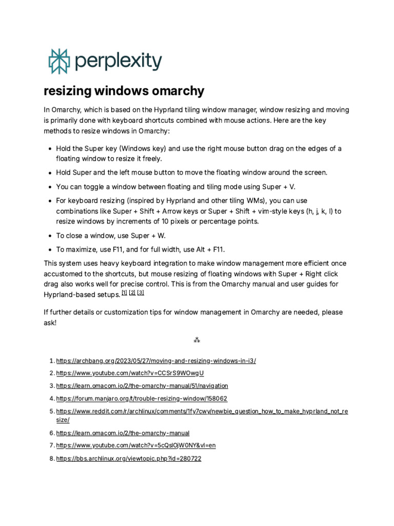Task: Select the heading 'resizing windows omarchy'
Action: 124,91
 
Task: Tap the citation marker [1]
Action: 124,293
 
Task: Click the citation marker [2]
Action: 132,293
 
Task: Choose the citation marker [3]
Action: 141,293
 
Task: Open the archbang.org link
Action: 156,361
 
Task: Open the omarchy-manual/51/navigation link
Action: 142,385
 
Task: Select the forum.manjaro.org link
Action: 142,398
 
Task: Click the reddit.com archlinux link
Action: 202,411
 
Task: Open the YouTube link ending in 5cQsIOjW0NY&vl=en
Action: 136,445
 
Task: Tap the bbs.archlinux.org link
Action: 129,458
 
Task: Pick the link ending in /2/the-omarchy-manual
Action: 123,433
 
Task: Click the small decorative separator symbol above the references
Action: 196,340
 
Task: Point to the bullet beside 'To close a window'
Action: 50,236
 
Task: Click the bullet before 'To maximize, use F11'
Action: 50,250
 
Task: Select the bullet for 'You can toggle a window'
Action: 50,186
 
